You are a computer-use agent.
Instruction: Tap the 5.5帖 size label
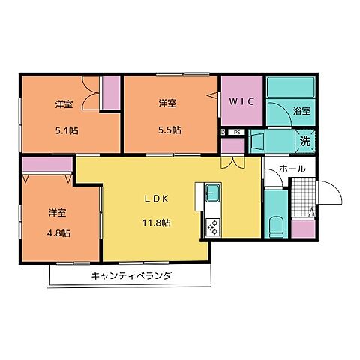pos(169,128)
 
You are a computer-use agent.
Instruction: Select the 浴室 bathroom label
pos(302,111)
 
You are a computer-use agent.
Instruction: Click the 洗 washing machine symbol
pos(306,139)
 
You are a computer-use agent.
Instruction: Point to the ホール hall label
pos(291,170)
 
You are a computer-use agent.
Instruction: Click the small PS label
pos(237,133)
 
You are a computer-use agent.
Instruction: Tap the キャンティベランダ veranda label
pos(131,276)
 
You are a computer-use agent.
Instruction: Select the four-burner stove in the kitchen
pos(212,224)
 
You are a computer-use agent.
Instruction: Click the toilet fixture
pos(275,225)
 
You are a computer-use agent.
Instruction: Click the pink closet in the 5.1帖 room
pos(111,93)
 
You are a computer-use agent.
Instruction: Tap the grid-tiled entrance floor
pos(301,199)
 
